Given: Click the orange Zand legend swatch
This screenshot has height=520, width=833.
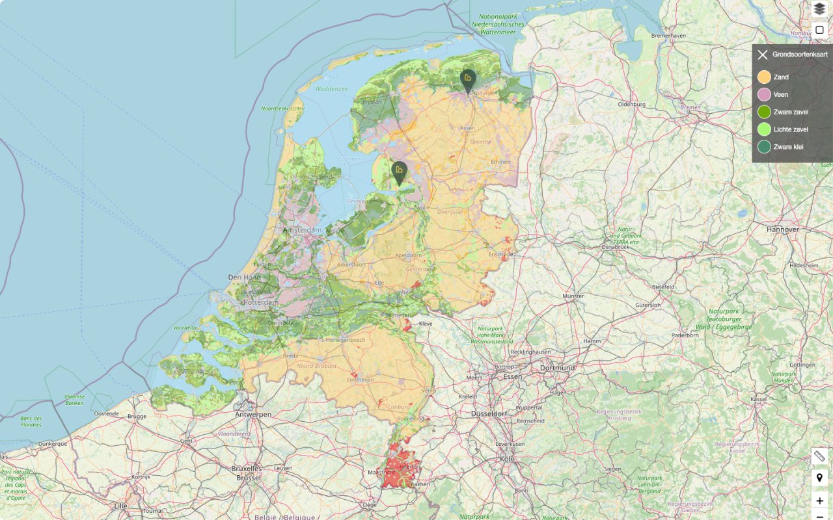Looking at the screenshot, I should (x=764, y=77).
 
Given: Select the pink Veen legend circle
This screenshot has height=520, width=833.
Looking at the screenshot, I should (x=764, y=95).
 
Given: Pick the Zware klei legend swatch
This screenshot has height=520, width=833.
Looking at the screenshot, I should (x=764, y=147).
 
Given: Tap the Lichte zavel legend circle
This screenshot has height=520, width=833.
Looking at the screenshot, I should (x=764, y=129).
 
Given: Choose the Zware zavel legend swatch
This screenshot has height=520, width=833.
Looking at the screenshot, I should (x=764, y=112).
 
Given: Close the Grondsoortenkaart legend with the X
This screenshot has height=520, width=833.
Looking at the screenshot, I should (x=763, y=55).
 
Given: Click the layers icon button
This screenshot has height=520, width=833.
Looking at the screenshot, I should (x=819, y=8).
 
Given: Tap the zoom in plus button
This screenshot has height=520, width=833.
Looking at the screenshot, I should (x=819, y=500).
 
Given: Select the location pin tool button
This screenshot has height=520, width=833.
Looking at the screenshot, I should (x=819, y=478).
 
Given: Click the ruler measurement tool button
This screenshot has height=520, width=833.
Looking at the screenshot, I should (x=819, y=456).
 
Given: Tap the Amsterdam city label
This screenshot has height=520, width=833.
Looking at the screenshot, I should (x=302, y=230).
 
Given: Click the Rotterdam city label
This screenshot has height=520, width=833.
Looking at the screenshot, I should (x=261, y=303).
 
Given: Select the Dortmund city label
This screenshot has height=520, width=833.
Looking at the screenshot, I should (x=557, y=368).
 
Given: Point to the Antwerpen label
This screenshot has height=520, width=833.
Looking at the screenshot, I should (x=253, y=415).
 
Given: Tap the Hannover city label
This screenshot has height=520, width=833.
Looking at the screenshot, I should (x=782, y=229).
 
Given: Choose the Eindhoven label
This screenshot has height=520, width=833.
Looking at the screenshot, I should (x=360, y=380).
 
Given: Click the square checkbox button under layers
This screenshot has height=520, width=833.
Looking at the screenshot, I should (x=819, y=30).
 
